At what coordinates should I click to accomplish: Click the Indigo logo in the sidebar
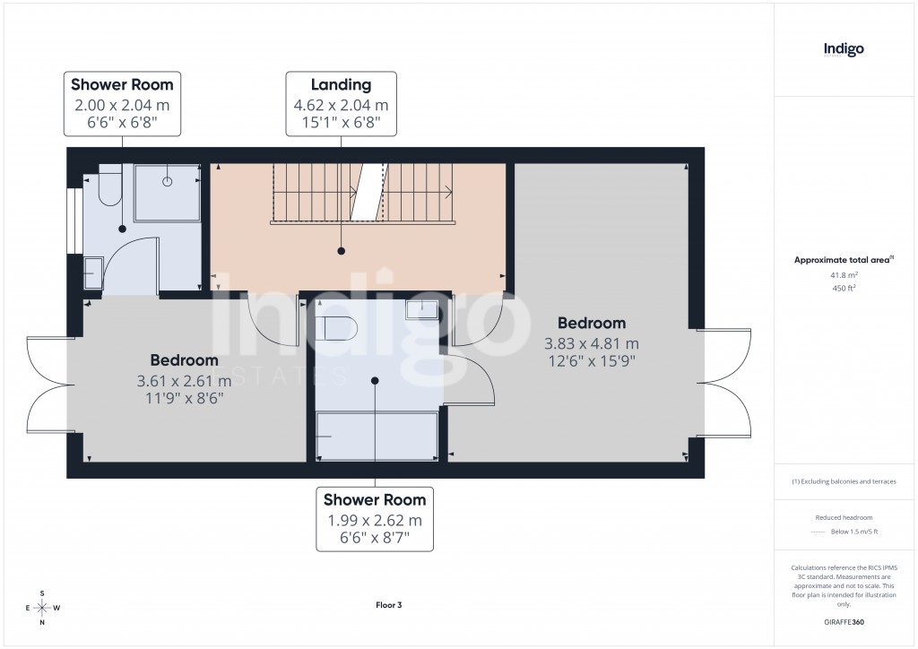pyautogui.click(x=844, y=49)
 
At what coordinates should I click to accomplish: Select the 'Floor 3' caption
pyautogui.click(x=388, y=605)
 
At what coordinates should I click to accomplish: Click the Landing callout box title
pyautogui.click(x=341, y=85)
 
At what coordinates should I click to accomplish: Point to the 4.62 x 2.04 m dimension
pyautogui.click(x=341, y=105)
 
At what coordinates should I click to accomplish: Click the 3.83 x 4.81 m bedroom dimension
pyautogui.click(x=592, y=343)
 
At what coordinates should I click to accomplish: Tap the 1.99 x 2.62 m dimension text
pyautogui.click(x=375, y=520)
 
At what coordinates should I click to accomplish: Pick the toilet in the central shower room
pyautogui.click(x=338, y=328)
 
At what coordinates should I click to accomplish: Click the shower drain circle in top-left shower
pyautogui.click(x=168, y=181)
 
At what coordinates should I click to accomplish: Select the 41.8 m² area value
pyautogui.click(x=844, y=275)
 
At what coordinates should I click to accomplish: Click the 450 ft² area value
pyautogui.click(x=844, y=288)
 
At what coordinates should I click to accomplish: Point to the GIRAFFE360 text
pyautogui.click(x=844, y=622)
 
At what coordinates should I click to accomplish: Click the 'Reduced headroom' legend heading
pyautogui.click(x=844, y=517)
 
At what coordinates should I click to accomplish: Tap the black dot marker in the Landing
pyautogui.click(x=342, y=252)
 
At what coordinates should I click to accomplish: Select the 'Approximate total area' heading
pyautogui.click(x=842, y=260)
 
